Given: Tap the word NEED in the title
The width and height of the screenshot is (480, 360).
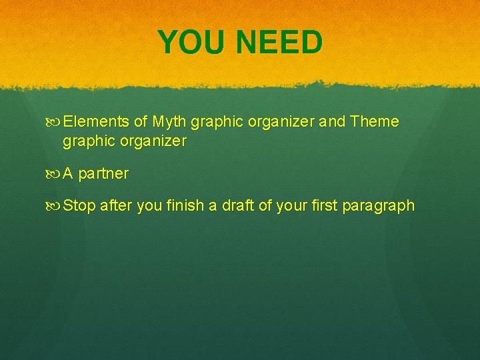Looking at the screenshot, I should coord(279,43).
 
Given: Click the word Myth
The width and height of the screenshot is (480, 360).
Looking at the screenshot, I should coord(169,122).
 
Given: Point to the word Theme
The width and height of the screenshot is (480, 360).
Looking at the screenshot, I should coord(374,122).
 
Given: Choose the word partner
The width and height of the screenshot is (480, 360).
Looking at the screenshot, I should coord(103,175).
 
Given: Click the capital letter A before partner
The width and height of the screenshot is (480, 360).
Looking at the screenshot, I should coord(69,174).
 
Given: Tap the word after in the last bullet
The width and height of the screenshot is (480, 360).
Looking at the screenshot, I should coord(116,206).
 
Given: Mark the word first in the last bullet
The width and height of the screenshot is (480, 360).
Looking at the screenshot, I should coord(323,206).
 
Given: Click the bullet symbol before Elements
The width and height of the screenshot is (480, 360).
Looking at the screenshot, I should coord(55,123).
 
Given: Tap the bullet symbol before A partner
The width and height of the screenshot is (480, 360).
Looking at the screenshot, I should coord(55,174).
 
